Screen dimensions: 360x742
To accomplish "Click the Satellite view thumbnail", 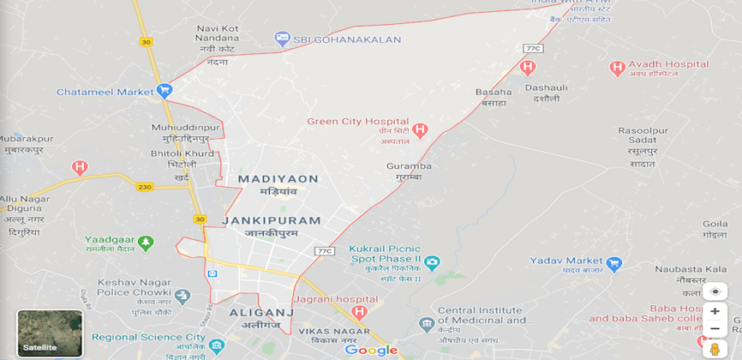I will point(50,333).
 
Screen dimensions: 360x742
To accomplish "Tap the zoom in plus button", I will point(715,311).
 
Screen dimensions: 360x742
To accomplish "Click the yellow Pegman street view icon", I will point(715,348).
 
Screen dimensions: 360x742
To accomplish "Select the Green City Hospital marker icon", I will point(420,131).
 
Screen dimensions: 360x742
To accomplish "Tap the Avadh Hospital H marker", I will point(616,68).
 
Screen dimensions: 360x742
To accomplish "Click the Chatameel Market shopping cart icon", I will point(164,90).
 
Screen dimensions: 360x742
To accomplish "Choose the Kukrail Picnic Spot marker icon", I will point(432,261).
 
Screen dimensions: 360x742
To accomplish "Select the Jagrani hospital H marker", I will point(359,311).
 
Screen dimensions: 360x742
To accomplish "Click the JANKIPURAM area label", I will point(271,220).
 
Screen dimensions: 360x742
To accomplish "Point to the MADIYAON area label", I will point(278,178).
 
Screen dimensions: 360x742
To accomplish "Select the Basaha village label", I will point(493,92).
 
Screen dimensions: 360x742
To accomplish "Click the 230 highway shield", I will point(143,186).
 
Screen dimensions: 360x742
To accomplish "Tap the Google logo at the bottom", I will point(371,350).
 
